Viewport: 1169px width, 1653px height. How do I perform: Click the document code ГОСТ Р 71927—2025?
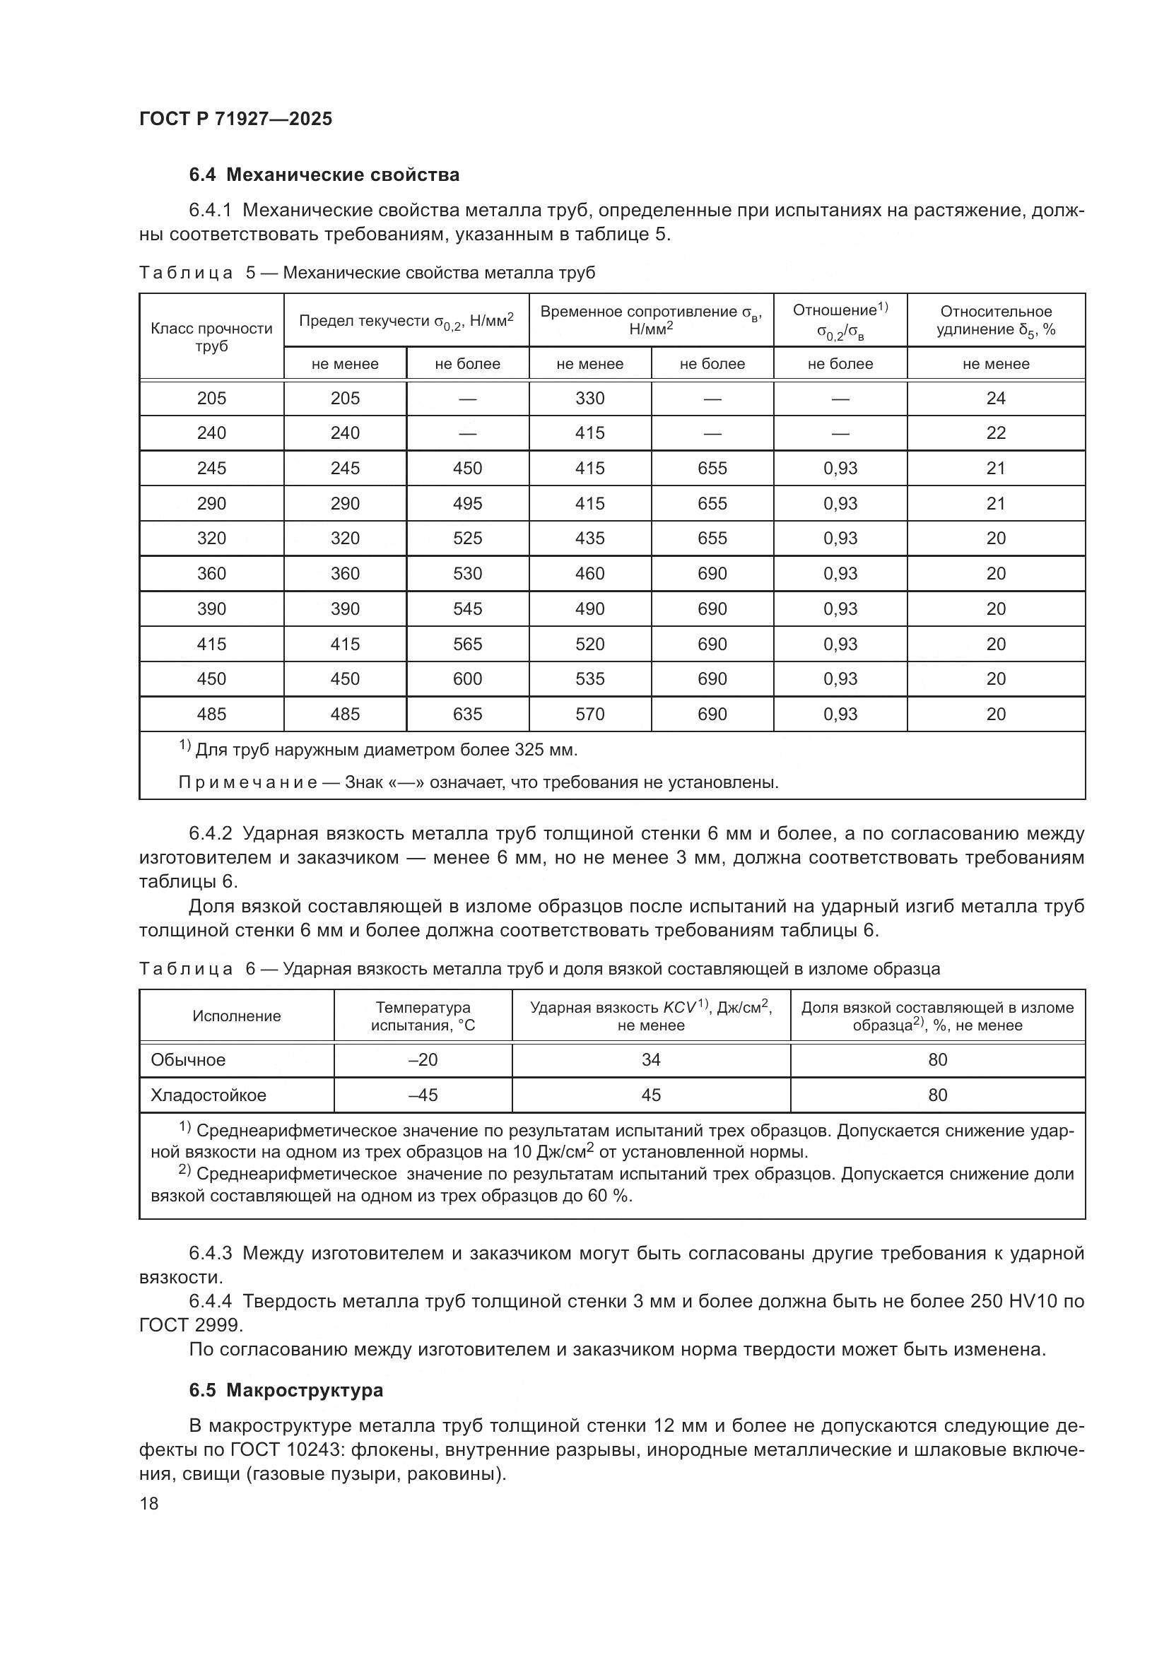(235, 119)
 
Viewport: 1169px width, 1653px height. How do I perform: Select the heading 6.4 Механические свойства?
(324, 175)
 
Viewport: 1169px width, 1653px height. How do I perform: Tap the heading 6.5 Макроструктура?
(286, 1390)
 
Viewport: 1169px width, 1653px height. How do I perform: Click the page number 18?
(149, 1503)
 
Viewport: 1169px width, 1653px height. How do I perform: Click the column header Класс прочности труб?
(211, 337)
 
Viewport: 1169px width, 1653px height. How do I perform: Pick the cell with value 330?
(589, 398)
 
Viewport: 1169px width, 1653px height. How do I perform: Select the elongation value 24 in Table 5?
(996, 398)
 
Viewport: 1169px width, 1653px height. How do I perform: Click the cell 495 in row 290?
(467, 503)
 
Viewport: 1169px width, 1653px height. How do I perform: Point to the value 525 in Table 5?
(467, 539)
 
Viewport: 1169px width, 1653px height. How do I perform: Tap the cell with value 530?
(467, 574)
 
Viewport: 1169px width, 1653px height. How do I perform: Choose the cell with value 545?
(467, 609)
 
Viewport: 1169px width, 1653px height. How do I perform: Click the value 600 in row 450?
(467, 679)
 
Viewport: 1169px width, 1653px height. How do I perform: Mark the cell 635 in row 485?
(467, 714)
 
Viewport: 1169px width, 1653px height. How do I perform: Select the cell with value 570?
(589, 714)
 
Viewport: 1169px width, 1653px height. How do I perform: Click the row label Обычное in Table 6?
(188, 1060)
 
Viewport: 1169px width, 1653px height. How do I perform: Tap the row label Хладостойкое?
(208, 1095)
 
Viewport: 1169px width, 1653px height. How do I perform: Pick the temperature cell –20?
(423, 1060)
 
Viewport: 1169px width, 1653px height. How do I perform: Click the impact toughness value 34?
(651, 1060)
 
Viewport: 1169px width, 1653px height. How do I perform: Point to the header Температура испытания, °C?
(423, 1016)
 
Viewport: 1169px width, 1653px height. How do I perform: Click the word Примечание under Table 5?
(247, 782)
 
